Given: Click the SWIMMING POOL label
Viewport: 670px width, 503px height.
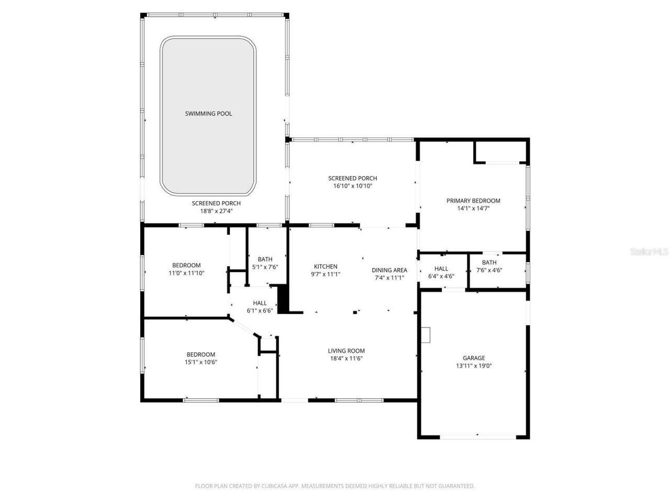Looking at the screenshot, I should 208,114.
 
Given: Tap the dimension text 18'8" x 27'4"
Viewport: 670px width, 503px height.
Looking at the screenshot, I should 216,211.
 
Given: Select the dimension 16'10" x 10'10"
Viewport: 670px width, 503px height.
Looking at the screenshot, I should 352,186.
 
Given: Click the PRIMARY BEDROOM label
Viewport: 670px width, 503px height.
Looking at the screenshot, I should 473,201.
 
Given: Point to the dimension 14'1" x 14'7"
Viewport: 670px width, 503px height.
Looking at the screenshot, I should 473,208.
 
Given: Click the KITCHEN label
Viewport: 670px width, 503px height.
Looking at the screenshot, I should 326,267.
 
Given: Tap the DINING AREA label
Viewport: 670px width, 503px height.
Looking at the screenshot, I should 389,270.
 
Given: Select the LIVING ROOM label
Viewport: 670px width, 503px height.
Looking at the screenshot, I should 346,351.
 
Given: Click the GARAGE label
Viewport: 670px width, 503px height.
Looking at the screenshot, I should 473,358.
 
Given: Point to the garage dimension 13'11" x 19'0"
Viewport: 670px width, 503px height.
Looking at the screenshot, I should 473,366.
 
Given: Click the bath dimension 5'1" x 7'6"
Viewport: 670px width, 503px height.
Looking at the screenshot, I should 265,267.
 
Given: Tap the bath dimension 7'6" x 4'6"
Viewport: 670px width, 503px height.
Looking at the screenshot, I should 489,270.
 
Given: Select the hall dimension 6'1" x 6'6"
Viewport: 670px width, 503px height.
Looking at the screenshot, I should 260,310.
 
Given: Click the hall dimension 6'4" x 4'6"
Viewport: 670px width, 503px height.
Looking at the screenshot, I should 441,276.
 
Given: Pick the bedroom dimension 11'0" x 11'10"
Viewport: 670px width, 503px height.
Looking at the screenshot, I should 186,272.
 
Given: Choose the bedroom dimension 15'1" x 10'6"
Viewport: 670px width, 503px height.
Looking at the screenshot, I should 200,362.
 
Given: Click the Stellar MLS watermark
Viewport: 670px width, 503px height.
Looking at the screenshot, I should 649,251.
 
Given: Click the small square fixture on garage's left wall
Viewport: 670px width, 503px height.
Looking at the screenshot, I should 426,335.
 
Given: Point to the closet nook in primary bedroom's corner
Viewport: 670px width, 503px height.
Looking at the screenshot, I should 500,152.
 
